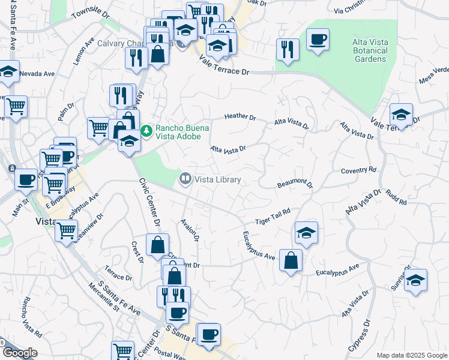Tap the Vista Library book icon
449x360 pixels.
[x=185, y=179]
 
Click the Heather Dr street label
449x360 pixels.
[x=240, y=117]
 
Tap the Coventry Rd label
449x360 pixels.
[x=358, y=170]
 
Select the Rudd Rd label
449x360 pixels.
[x=396, y=198]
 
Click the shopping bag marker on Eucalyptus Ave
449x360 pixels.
[x=291, y=260]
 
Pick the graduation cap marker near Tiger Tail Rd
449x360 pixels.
[x=306, y=232]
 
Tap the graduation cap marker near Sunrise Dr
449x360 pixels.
[x=415, y=280]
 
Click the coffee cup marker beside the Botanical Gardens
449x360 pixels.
[x=318, y=40]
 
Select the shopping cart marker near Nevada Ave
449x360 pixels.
[x=16, y=106]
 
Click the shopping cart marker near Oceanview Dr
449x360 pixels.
[x=66, y=229]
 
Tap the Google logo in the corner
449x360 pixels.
[x=20, y=353]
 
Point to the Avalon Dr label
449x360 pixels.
[x=190, y=230]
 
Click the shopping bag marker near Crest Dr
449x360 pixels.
[x=157, y=244]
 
